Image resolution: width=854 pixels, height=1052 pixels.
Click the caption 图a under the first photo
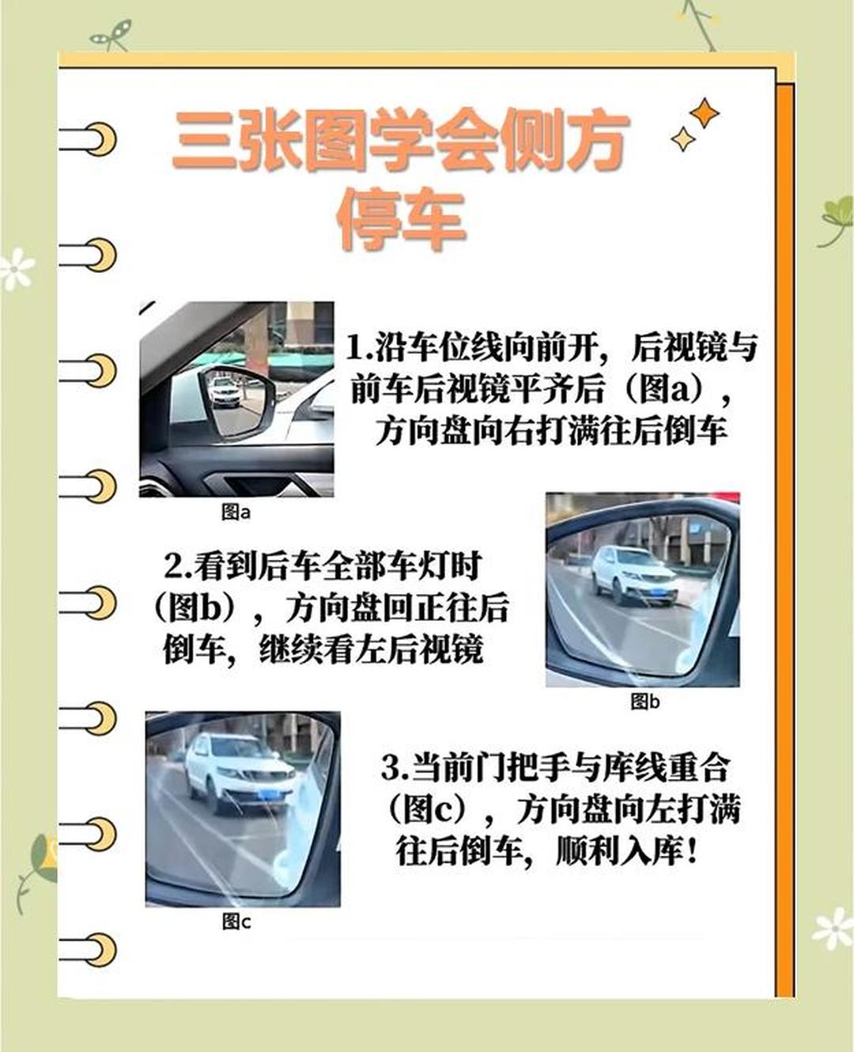click(236, 513)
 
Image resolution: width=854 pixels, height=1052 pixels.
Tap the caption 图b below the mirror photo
click(644, 702)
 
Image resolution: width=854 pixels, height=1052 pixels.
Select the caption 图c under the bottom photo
click(236, 921)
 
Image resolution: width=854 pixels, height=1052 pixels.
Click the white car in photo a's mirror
click(225, 392)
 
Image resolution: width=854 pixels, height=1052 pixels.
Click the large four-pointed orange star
click(704, 114)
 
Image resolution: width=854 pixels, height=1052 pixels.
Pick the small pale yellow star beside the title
click(683, 138)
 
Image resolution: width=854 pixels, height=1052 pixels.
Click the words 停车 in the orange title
click(402, 219)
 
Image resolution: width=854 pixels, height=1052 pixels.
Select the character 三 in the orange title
click(203, 140)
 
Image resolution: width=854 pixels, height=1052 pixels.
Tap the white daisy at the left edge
click(17, 269)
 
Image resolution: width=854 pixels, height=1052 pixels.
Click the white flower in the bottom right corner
click(833, 929)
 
